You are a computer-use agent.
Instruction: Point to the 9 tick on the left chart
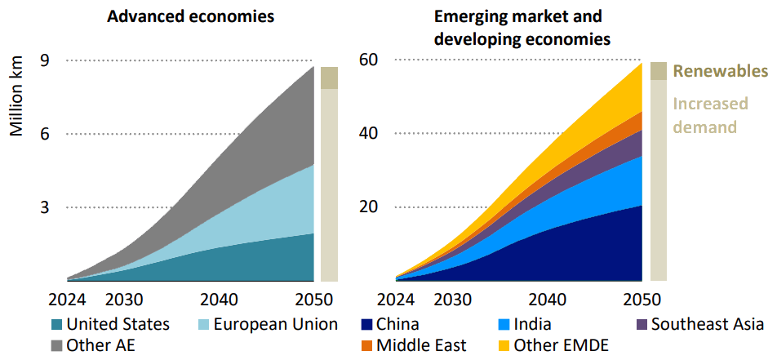click(x=44, y=60)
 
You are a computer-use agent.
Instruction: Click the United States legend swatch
click(x=56, y=325)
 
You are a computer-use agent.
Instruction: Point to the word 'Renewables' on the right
click(x=720, y=71)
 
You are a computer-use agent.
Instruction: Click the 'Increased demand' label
click(x=709, y=115)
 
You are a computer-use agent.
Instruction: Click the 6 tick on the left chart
click(x=44, y=133)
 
